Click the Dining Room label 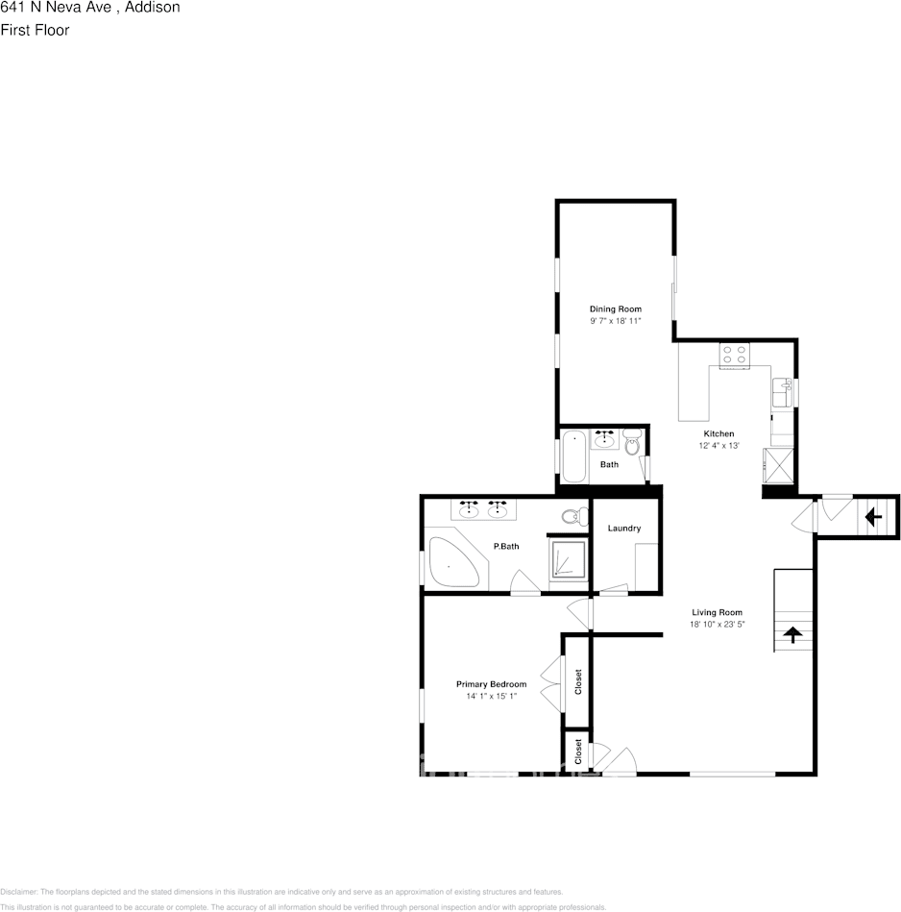pyautogui.click(x=616, y=308)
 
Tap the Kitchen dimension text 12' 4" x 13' pyautogui.click(x=718, y=446)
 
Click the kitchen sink pyautogui.click(x=781, y=392)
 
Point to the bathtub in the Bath pyautogui.click(x=573, y=456)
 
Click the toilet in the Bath pyautogui.click(x=632, y=444)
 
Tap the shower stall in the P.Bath pyautogui.click(x=568, y=561)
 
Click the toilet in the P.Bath pyautogui.click(x=573, y=516)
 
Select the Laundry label pyautogui.click(x=624, y=529)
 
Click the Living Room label pyautogui.click(x=718, y=612)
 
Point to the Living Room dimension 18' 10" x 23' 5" pyautogui.click(x=718, y=625)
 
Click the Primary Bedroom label pyautogui.click(x=491, y=684)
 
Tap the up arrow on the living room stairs pyautogui.click(x=793, y=633)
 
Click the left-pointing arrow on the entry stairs pyautogui.click(x=873, y=518)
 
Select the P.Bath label pyautogui.click(x=506, y=547)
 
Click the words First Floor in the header pyautogui.click(x=35, y=30)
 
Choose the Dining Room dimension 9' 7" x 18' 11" pyautogui.click(x=616, y=321)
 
